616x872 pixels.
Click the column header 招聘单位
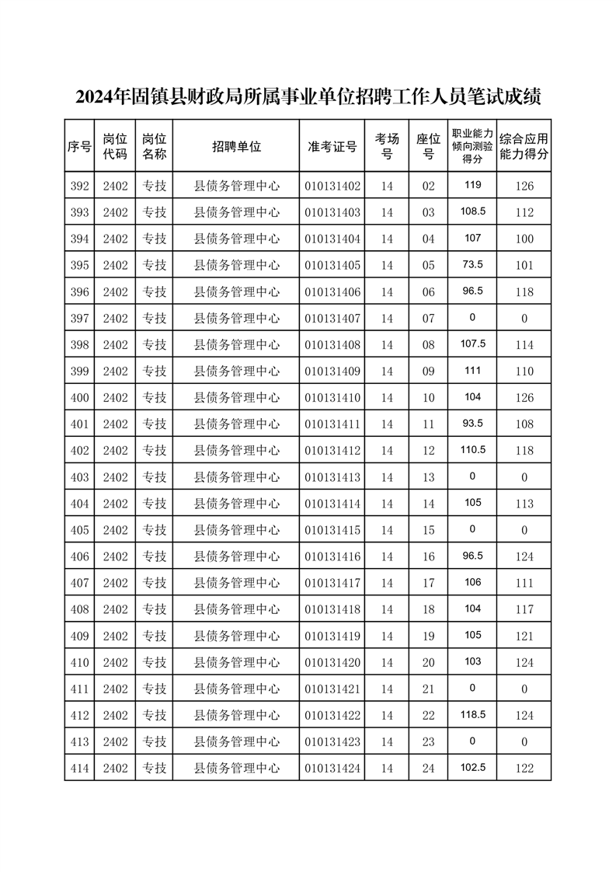[236, 146]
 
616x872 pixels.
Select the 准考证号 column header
[332, 146]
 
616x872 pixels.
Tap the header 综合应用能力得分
[524, 146]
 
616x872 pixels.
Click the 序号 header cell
[79, 146]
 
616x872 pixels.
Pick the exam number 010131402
[332, 187]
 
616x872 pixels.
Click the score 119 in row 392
[472, 185]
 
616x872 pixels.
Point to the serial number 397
[79, 319]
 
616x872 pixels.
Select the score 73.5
[472, 264]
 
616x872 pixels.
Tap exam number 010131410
[332, 398]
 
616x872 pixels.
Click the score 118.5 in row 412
[472, 713]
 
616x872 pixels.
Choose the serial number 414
[79, 769]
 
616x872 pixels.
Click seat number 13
[429, 477]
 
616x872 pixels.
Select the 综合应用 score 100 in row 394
[524, 239]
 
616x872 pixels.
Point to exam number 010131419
[332, 637]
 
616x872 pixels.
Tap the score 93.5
[472, 423]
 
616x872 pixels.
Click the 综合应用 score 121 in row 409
[524, 637]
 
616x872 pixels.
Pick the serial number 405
[79, 530]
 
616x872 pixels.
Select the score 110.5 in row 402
[472, 449]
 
